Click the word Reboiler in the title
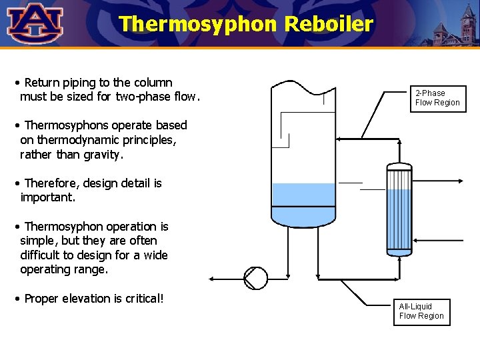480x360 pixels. pos(329,24)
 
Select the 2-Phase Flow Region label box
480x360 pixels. pos(437,98)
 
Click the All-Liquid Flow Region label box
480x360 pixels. pos(421,311)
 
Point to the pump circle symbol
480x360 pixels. pos(255,278)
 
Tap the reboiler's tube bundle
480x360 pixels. pos(399,210)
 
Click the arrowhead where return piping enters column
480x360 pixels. pos(339,139)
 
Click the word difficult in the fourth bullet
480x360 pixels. pos(42,255)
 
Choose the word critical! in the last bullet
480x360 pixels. pos(141,299)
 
